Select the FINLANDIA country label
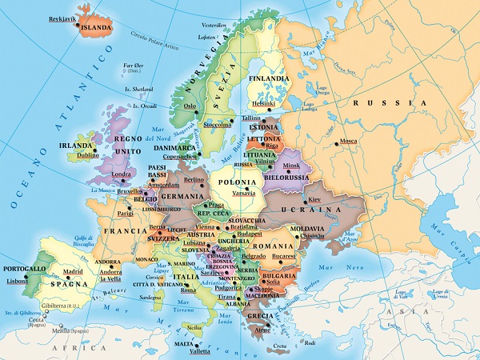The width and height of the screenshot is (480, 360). [268, 79]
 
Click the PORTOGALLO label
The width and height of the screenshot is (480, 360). [24, 268]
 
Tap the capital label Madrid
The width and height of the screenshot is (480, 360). [74, 271]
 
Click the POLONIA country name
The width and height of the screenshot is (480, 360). [237, 182]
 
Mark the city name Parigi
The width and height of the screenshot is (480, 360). [125, 214]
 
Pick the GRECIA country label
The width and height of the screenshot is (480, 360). [258, 314]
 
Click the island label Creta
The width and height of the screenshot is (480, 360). [279, 346]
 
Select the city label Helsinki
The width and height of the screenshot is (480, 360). [263, 102]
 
